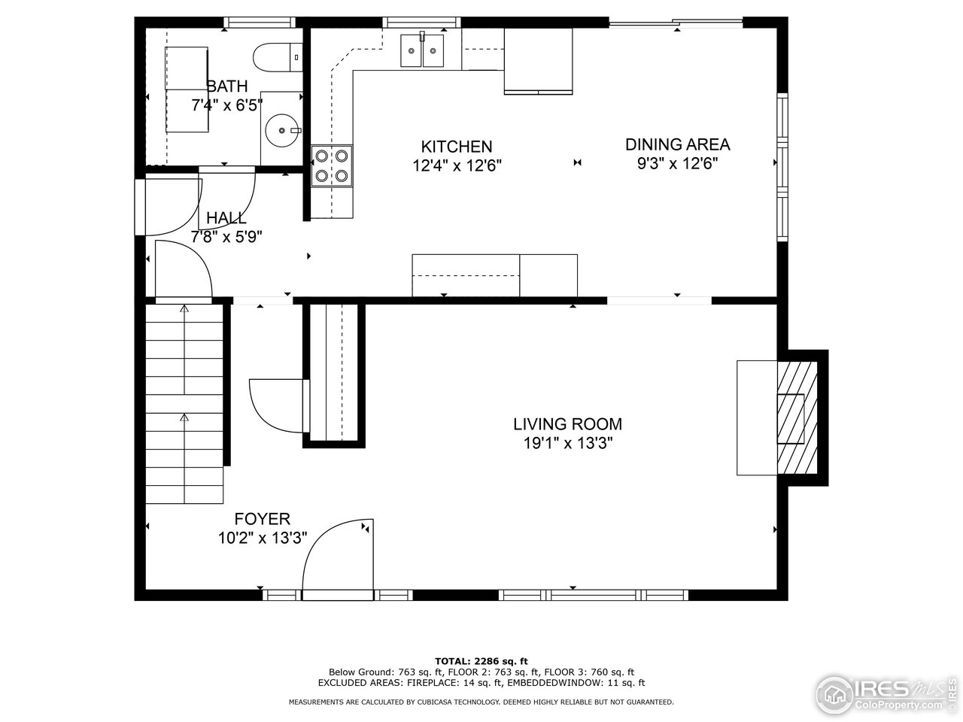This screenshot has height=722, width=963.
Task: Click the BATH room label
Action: coord(226,86)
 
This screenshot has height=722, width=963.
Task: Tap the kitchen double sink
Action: coord(422,51)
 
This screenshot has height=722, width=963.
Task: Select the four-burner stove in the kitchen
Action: coord(332,165)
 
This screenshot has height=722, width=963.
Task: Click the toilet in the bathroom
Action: coord(275,56)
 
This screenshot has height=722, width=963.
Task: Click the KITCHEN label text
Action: coord(456,147)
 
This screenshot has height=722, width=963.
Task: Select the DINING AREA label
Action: coord(677,144)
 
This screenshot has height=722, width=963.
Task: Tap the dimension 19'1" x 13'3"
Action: coord(568,443)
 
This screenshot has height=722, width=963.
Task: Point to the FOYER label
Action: coord(262,519)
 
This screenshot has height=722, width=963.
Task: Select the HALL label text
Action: coord(226,218)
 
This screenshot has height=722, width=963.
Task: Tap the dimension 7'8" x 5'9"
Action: coord(226,236)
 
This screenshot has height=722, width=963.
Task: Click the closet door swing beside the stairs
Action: coord(276,405)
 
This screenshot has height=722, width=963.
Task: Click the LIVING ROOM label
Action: coord(567,424)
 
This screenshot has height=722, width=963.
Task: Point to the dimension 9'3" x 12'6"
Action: coord(677,163)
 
